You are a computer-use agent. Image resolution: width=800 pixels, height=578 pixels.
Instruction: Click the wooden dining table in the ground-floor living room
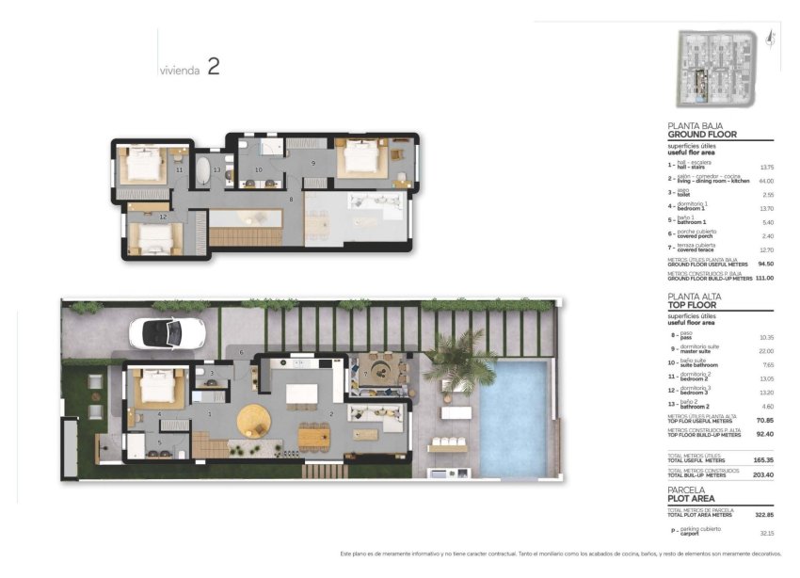click(314, 436)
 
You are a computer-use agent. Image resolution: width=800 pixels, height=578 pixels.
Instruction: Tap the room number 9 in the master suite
click(313, 164)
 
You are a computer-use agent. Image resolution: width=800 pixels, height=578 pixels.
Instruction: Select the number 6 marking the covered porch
click(241, 352)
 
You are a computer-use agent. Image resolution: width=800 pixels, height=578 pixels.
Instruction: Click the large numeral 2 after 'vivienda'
click(214, 66)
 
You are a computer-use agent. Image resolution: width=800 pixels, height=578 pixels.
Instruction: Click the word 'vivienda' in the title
click(179, 70)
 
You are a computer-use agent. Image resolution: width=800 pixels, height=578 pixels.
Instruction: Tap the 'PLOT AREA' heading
click(691, 498)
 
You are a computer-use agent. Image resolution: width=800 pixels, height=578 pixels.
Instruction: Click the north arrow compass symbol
click(771, 37)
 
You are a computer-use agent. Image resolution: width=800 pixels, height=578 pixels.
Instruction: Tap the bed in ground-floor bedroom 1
click(152, 387)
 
